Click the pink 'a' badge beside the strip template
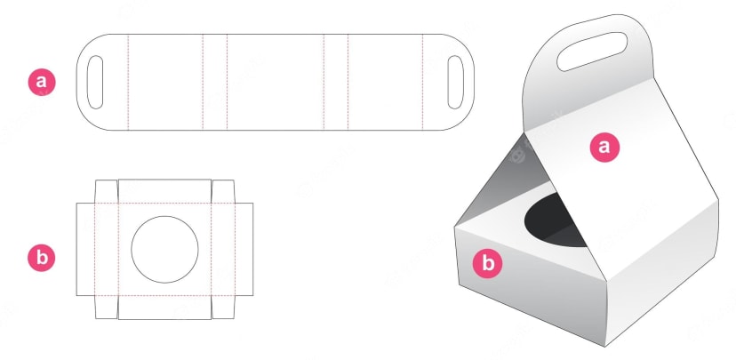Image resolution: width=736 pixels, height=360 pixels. click(42, 82)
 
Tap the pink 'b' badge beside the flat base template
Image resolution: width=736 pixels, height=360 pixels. click(42, 258)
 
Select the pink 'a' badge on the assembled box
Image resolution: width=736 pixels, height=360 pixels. click(604, 148)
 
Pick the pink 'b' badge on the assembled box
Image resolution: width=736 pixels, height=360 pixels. click(488, 263)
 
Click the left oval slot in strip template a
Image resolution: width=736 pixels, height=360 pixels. click(95, 82)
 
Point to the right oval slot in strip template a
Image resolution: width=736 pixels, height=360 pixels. click(455, 82)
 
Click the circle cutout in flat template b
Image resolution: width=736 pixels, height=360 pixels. click(164, 249)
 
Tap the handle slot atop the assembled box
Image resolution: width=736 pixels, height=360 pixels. click(592, 52)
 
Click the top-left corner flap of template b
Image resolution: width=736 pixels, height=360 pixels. click(107, 191)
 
